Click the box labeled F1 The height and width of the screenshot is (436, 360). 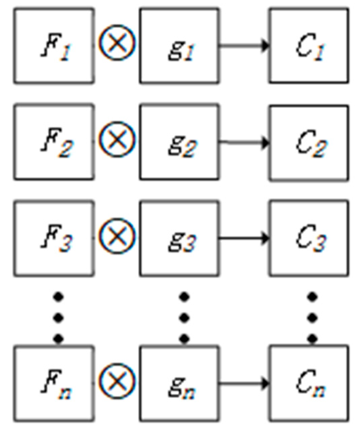[54, 46]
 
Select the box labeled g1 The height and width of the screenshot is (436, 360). [180, 46]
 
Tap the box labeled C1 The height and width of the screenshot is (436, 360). [309, 46]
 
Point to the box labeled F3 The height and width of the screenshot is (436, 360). [54, 238]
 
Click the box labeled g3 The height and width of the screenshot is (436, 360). [180, 238]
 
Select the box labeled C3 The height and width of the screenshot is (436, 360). [309, 238]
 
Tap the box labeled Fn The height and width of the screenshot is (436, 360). [54, 383]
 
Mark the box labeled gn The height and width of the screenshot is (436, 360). [180, 383]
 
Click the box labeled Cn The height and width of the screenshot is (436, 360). [309, 383]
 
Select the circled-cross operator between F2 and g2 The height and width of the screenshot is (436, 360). [117, 140]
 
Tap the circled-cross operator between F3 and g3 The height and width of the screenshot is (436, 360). [117, 235]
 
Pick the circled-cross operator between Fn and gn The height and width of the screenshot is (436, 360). [117, 381]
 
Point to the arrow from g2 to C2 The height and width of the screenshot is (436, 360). [244, 143]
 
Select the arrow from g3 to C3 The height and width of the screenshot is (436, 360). [244, 238]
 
